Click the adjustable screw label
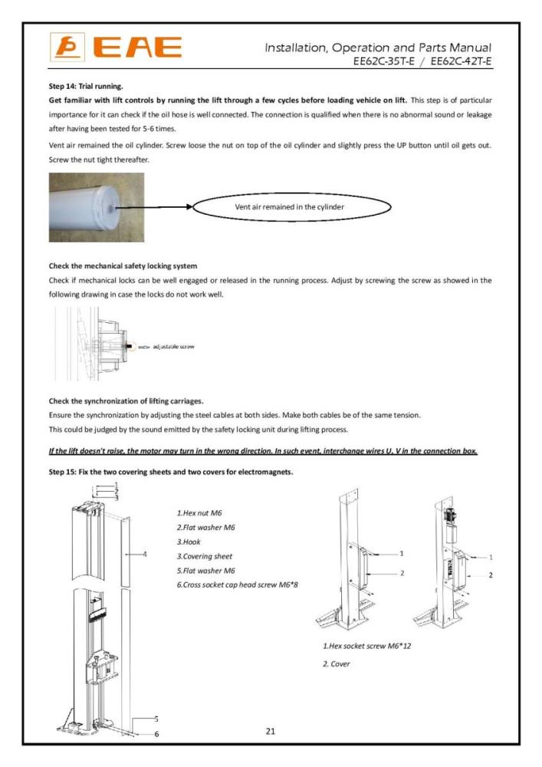tap(173, 347)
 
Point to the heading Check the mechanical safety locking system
tap(123, 266)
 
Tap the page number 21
tap(270, 731)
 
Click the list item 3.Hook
tap(189, 542)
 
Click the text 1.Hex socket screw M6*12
tap(367, 646)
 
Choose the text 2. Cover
tap(336, 663)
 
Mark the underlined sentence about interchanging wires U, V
tap(263, 451)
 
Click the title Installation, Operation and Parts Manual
tap(378, 48)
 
